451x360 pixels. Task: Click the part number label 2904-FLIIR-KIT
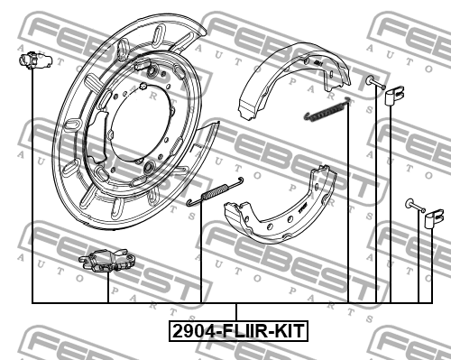[x=238, y=331]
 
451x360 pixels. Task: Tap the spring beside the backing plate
[x=215, y=191]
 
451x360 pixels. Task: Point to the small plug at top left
[x=35, y=60]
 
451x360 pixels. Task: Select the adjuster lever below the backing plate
[x=107, y=261]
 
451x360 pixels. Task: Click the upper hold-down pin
[x=375, y=82]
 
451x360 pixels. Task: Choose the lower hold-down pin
[x=415, y=205]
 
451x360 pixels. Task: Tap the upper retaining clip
[x=394, y=96]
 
